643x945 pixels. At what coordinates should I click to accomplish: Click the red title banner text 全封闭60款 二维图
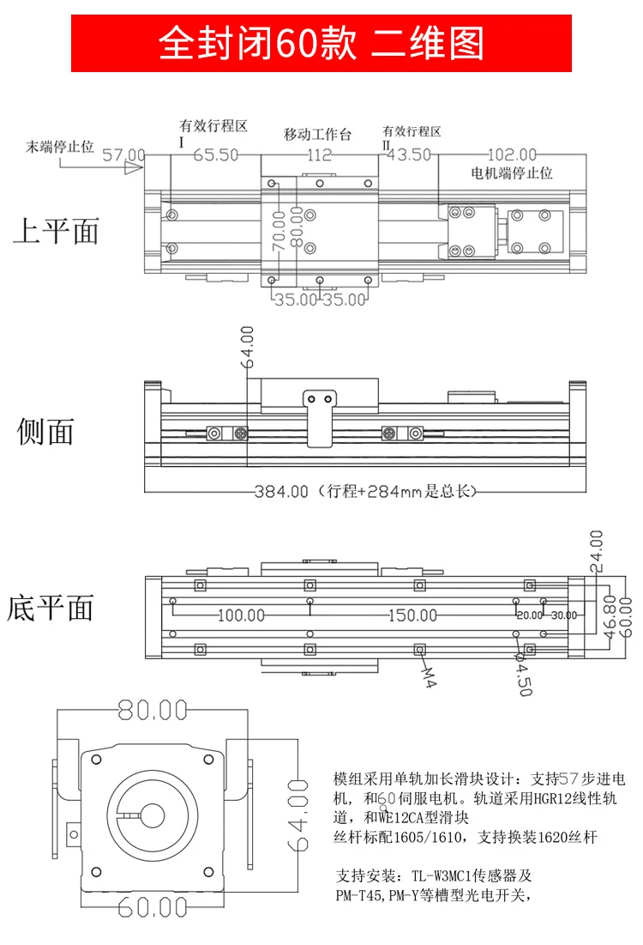pos(321,44)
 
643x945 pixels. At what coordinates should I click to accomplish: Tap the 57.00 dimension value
pos(123,155)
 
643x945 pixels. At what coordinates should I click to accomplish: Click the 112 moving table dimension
pos(318,155)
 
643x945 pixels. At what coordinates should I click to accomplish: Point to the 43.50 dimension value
pos(410,155)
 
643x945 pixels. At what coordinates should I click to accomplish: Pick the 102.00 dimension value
pos(512,155)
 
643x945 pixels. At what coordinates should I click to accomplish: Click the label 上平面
pos(56,231)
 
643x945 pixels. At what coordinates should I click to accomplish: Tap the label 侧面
pos(46,431)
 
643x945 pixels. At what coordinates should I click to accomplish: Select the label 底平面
pos(50,608)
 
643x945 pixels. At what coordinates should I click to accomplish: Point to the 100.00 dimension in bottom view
pos(241,615)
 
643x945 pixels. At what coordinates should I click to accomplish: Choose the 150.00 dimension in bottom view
pos(412,615)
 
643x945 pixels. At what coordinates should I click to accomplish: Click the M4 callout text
pos(430,678)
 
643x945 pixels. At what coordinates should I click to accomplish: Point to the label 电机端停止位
pos(513,173)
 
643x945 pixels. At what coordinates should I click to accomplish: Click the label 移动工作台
pos(318,135)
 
